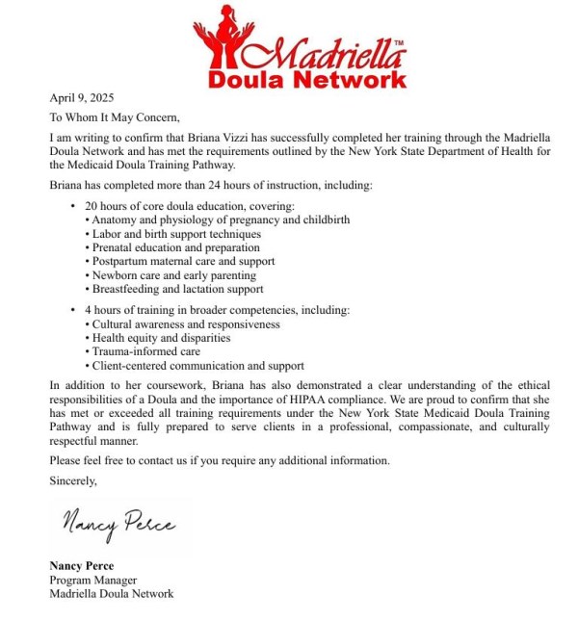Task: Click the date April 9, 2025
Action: coord(81,97)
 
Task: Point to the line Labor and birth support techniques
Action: coord(177,234)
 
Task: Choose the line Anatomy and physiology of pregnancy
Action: coord(220,220)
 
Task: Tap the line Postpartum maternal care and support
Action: coord(183,262)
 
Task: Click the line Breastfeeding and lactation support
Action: coord(177,289)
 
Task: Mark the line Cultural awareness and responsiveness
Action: coord(185,324)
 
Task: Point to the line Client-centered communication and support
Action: coord(197,366)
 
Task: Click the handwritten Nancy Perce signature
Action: coord(118,525)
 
